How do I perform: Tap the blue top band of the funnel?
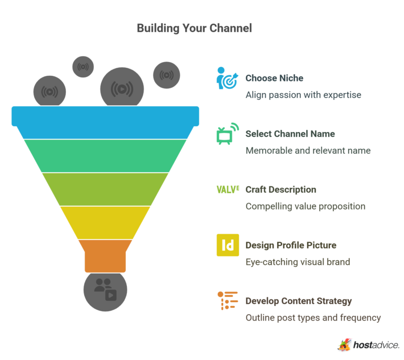tap(105, 116)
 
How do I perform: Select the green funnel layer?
tap(105, 155)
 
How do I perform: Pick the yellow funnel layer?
tap(105, 222)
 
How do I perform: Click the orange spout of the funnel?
tap(105, 255)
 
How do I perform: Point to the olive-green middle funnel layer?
tap(105, 189)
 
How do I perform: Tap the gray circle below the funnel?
tap(105, 289)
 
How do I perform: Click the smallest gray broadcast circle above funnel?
tap(83, 66)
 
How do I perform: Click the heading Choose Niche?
tap(274, 78)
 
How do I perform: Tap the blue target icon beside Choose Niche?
tap(227, 78)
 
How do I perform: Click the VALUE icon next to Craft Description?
tap(227, 189)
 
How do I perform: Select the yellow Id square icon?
tap(227, 245)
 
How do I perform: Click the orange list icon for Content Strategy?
tap(227, 301)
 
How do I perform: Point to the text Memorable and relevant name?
tap(308, 151)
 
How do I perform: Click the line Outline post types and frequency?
tap(313, 318)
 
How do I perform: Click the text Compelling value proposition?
tap(305, 206)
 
